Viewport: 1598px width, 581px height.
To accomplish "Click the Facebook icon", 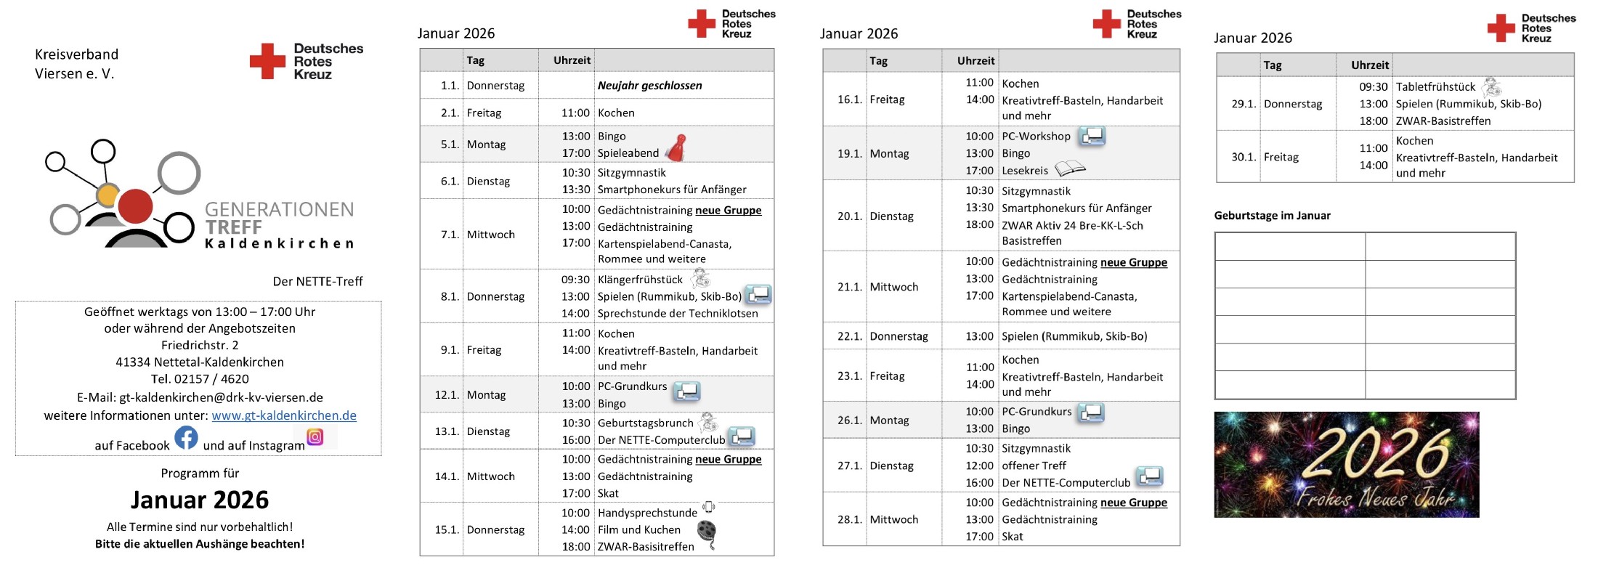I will [x=186, y=437].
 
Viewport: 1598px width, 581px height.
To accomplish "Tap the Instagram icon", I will [x=315, y=437].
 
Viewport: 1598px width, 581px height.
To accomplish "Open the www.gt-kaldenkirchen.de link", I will [x=284, y=416].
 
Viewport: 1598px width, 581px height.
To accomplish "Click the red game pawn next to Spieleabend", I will [x=677, y=147].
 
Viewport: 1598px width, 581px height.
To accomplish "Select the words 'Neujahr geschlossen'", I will [x=649, y=86].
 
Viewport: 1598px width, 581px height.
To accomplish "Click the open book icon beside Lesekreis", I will [x=1069, y=169].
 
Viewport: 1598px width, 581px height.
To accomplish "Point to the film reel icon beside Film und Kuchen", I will [x=707, y=532].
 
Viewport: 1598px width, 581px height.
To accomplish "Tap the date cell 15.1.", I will [x=447, y=530].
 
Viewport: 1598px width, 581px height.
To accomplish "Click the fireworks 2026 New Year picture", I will [x=1346, y=465].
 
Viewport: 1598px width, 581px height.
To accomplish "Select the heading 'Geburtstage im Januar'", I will [x=1272, y=216].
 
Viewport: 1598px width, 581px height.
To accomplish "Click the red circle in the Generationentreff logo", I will [x=135, y=206].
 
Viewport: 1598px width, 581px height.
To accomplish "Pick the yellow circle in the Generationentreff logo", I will [x=108, y=195].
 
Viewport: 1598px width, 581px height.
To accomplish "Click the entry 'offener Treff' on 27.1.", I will [x=1034, y=466].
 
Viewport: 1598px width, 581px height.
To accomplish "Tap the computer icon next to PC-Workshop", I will [x=1092, y=136].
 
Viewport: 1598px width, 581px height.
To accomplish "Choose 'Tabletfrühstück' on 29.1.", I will [x=1435, y=87].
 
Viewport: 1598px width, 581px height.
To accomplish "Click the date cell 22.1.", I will [x=849, y=337].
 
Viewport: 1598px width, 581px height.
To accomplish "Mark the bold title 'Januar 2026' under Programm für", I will [x=200, y=500].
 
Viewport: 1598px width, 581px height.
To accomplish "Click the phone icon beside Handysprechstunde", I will [x=709, y=507].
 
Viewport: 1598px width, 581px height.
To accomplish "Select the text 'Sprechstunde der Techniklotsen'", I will [x=677, y=314].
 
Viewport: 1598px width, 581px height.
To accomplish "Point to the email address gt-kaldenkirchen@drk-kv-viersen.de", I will [x=221, y=398].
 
